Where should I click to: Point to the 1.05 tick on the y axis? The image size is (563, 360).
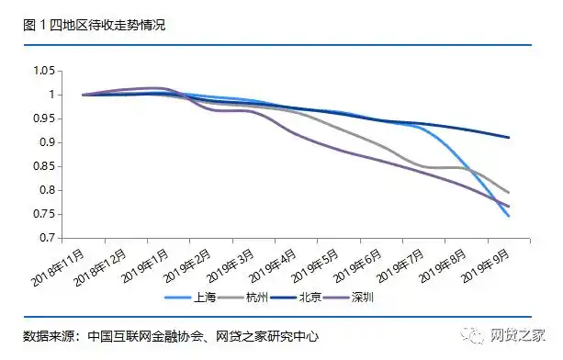coord(44,71)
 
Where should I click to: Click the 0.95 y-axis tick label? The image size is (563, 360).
coord(44,118)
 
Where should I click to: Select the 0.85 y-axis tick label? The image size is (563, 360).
coord(44,166)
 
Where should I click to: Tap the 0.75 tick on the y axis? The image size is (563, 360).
coord(44,214)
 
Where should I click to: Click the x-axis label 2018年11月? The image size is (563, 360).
coord(62,265)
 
